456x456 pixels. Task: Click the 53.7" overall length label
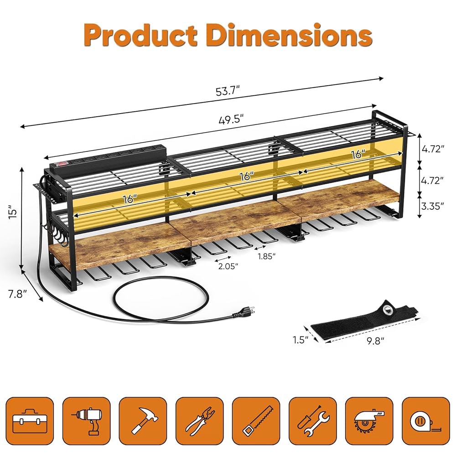tap(228, 91)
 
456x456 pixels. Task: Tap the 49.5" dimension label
tap(231, 119)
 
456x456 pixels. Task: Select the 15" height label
tap(12, 212)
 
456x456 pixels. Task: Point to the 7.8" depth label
tap(17, 294)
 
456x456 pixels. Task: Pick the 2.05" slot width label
tap(228, 266)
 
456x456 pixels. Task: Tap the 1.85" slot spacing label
tap(266, 256)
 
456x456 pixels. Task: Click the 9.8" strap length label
tap(375, 341)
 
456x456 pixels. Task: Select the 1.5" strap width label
tap(301, 339)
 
